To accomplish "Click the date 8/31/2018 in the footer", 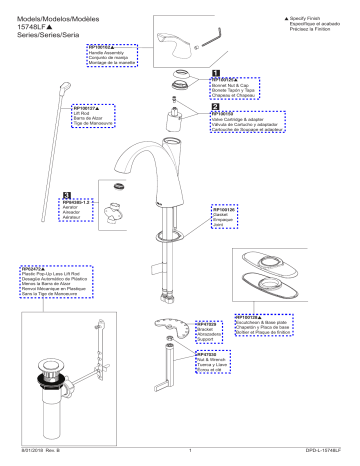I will (x=30, y=454).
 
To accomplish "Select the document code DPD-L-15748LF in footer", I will (x=326, y=454).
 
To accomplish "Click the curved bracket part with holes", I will (x=172, y=330).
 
